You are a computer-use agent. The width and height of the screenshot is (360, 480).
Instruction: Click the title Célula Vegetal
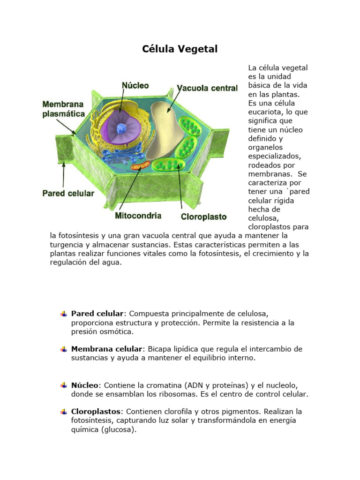[180, 49]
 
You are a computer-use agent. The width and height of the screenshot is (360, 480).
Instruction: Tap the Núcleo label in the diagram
[135, 85]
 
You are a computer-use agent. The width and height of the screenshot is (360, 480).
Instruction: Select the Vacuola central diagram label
[207, 88]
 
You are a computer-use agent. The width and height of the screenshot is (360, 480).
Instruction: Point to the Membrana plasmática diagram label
[64, 109]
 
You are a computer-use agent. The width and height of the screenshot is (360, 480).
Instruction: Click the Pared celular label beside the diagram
[68, 193]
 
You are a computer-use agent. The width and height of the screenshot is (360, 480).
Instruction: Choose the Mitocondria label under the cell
[138, 216]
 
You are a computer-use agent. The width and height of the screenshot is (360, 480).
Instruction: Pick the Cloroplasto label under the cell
[204, 217]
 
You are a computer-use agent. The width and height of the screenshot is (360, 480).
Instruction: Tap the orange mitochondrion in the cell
[140, 165]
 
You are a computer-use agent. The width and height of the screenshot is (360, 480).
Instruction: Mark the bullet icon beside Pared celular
[63, 313]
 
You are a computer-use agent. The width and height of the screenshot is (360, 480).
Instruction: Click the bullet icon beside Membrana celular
[63, 349]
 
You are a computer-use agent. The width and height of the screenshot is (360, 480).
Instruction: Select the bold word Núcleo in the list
[85, 385]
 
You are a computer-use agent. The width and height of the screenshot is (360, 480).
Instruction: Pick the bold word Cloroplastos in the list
[96, 411]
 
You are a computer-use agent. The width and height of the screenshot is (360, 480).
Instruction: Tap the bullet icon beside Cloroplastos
[63, 412]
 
